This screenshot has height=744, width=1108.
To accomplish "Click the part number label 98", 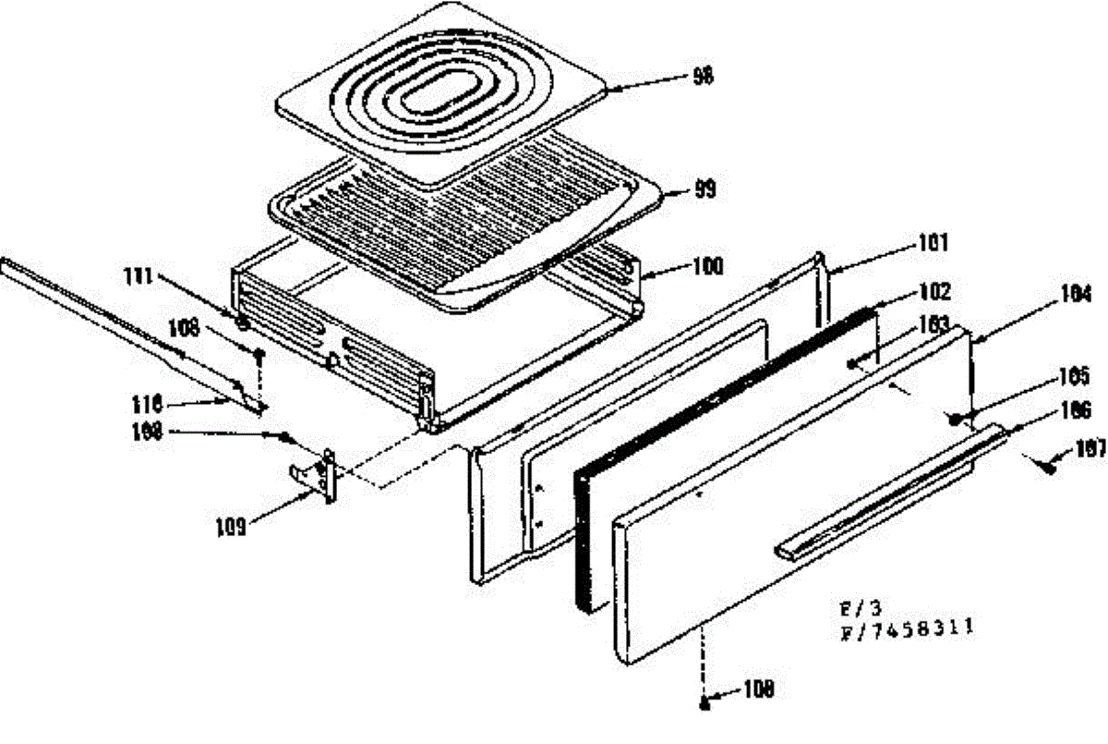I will pos(704,77).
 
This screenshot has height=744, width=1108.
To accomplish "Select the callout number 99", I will pos(705,191).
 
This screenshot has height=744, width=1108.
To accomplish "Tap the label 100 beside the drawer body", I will pos(708,267).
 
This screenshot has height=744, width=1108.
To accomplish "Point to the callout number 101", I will pos(934,244).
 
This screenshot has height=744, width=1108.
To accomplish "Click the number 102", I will pos(934,293).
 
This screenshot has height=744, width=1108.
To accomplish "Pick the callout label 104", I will pos(1076,296).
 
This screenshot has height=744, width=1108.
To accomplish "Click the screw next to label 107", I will pos(1050,466).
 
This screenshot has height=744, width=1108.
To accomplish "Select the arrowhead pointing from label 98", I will pos(614,89).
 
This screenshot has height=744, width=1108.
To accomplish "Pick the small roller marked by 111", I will pos(242,323).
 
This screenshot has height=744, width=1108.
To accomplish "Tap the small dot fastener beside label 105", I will pos(954,418).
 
